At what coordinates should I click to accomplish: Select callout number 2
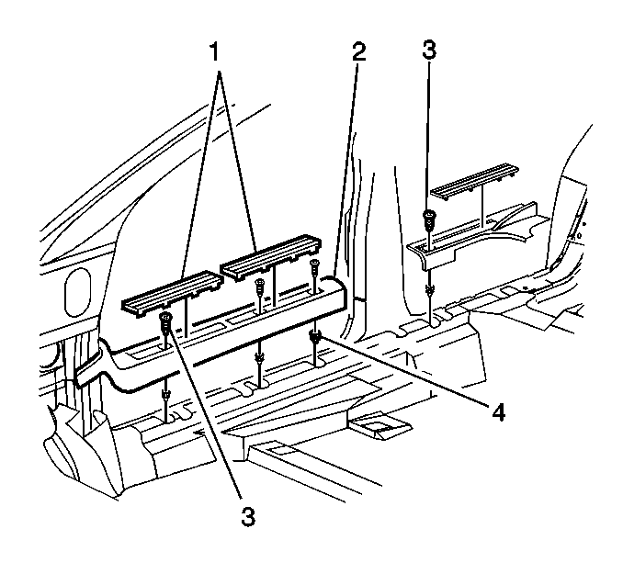pos(357,51)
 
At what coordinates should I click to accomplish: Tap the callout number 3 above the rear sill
pos(428,51)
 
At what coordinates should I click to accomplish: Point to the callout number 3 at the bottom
pos(246,516)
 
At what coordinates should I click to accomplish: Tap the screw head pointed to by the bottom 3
pos(166,321)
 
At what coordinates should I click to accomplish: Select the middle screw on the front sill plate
pos(260,286)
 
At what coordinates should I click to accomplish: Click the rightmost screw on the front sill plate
pos(315,267)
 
